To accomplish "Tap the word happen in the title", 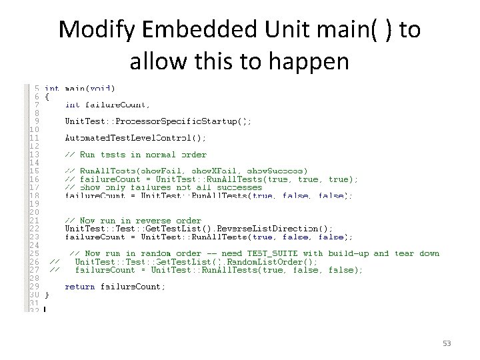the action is pyautogui.click(x=313, y=61).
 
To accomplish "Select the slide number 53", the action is pyautogui.click(x=447, y=343).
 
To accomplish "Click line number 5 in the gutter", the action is pyautogui.click(x=36, y=88).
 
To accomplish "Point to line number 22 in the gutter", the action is pyautogui.click(x=34, y=229).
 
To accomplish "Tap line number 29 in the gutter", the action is pyautogui.click(x=34, y=287).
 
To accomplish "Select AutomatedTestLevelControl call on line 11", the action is pyautogui.click(x=135, y=138).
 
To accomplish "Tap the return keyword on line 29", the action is pyautogui.click(x=79, y=287).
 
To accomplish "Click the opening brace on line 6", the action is pyautogui.click(x=47, y=97).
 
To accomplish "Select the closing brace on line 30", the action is pyautogui.click(x=47, y=295).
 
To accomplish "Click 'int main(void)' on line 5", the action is pyautogui.click(x=79, y=88).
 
